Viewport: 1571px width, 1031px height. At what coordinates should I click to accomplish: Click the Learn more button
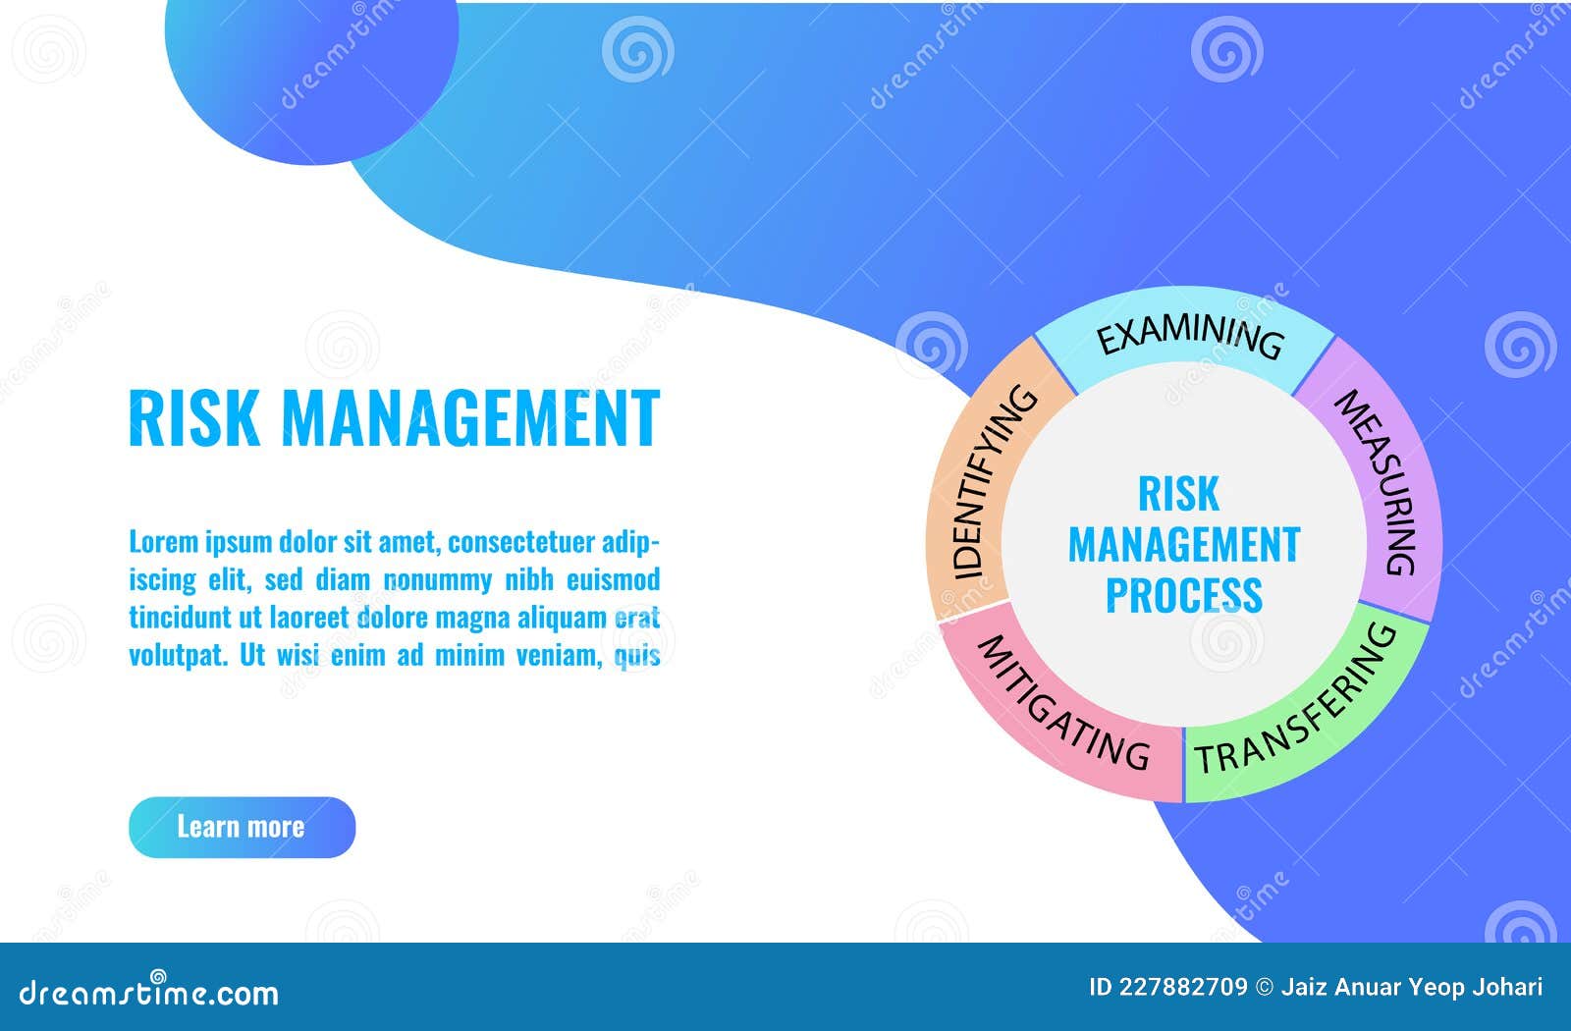point(242,827)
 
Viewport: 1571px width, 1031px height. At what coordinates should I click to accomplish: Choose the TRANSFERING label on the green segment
point(1296,703)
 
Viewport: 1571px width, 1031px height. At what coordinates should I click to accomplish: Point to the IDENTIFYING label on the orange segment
point(993,481)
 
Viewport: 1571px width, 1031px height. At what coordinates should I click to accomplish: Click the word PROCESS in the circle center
point(1184,596)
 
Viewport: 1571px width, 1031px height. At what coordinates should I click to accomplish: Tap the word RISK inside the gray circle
point(1178,494)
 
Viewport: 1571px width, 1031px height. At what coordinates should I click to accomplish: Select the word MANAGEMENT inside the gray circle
point(1184,545)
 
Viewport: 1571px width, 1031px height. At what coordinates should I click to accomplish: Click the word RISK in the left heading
point(193,417)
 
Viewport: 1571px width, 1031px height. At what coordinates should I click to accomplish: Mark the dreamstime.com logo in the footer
point(149,993)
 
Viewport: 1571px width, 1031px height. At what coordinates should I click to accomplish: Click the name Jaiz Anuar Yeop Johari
point(1411,987)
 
